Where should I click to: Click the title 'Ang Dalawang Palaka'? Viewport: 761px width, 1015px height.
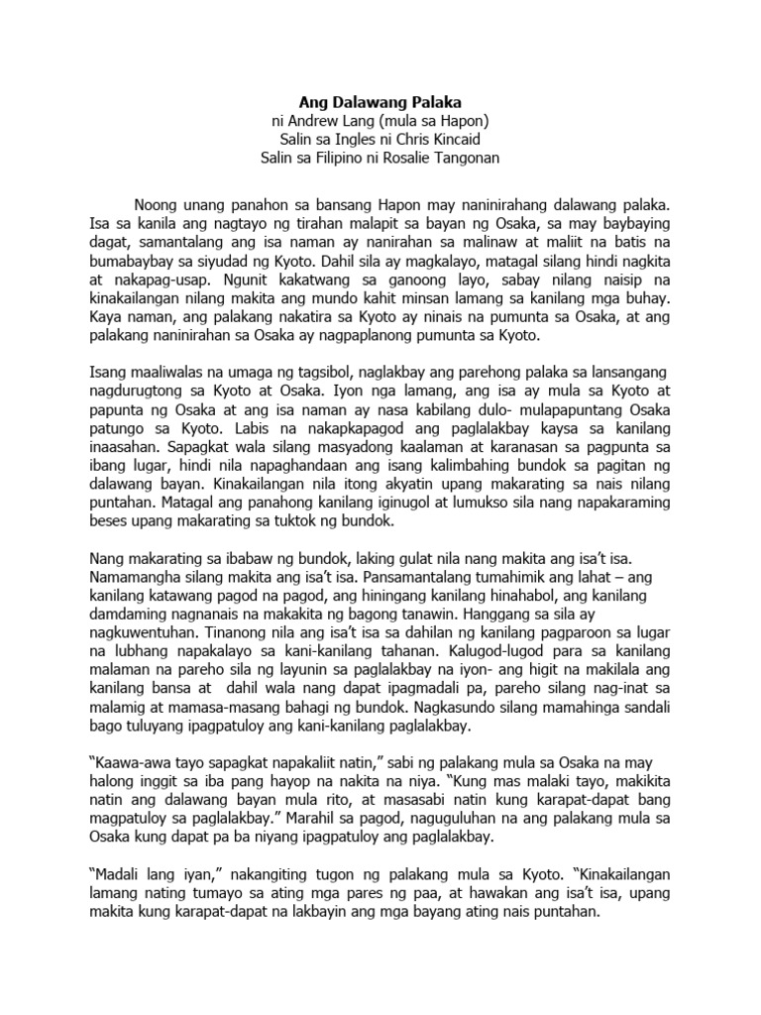click(381, 100)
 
